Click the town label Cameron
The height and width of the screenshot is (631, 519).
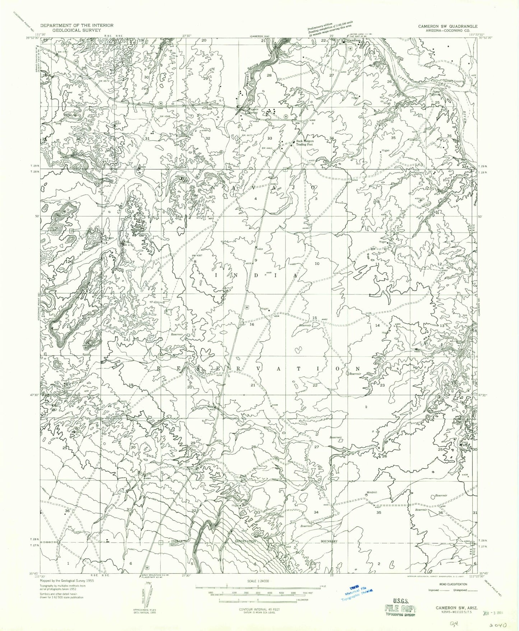coord(353,41)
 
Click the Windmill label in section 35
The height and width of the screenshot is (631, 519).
coord(371,492)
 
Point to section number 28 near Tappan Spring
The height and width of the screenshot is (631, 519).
coord(269,76)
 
